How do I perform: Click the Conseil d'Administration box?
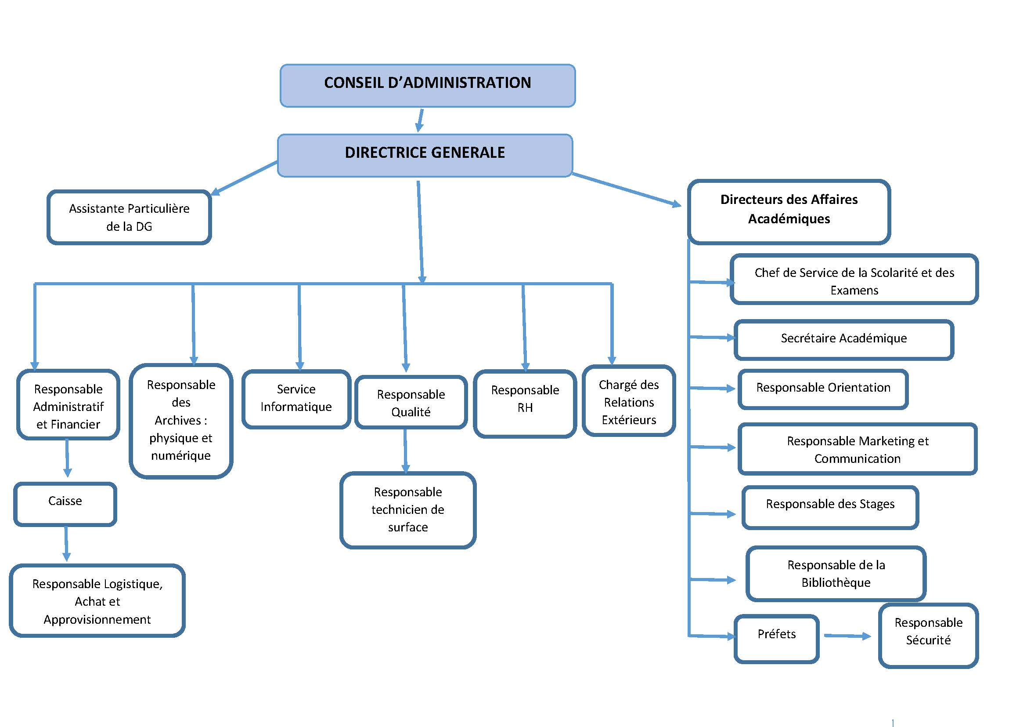[x=427, y=86]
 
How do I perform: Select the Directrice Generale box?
[x=425, y=155]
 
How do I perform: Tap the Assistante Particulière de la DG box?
[x=129, y=218]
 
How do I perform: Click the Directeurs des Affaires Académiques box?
[x=789, y=211]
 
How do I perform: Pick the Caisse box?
[x=65, y=504]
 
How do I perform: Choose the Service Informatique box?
[x=296, y=398]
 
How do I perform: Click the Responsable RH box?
[x=525, y=403]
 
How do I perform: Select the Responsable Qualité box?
[x=411, y=403]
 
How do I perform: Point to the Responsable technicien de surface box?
[x=407, y=510]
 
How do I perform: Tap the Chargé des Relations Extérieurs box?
[x=628, y=401]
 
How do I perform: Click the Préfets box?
[x=777, y=638]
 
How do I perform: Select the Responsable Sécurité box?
[x=928, y=635]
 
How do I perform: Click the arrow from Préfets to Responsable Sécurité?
[x=847, y=636]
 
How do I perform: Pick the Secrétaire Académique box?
[x=843, y=339]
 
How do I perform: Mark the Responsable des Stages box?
[x=830, y=507]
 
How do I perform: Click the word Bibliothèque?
[x=836, y=582]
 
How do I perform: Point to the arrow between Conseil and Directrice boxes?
[x=420, y=120]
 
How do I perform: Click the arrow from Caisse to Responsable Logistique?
[x=66, y=544]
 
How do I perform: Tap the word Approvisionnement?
[x=97, y=620]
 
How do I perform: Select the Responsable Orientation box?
[x=822, y=389]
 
